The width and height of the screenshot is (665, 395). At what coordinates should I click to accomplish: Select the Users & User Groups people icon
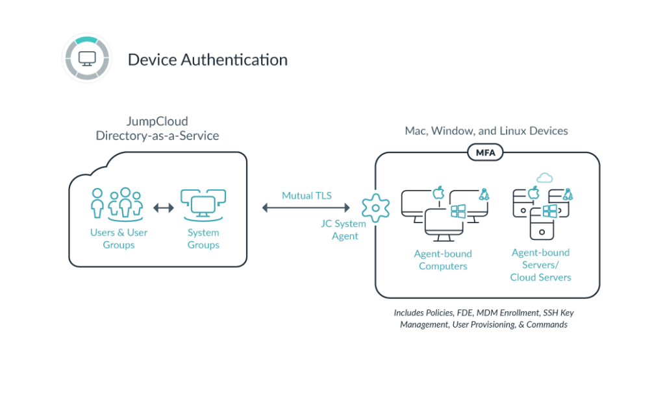tap(118, 204)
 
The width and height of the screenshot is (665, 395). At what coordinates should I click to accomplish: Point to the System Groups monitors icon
tap(203, 204)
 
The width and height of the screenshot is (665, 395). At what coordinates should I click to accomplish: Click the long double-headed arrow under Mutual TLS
tap(306, 208)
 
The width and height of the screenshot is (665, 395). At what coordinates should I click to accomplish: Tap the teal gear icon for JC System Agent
tap(375, 208)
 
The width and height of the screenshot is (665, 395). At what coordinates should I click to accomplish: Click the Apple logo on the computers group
tap(438, 192)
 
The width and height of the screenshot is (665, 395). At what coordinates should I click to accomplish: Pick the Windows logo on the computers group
tap(459, 211)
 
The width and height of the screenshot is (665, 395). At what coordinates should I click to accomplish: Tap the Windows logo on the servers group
tap(549, 210)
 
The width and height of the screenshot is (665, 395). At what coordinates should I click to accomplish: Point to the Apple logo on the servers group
tap(534, 193)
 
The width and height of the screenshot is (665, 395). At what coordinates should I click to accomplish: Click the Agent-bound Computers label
tap(442, 259)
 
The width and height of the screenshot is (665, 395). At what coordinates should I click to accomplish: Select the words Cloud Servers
tap(540, 277)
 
